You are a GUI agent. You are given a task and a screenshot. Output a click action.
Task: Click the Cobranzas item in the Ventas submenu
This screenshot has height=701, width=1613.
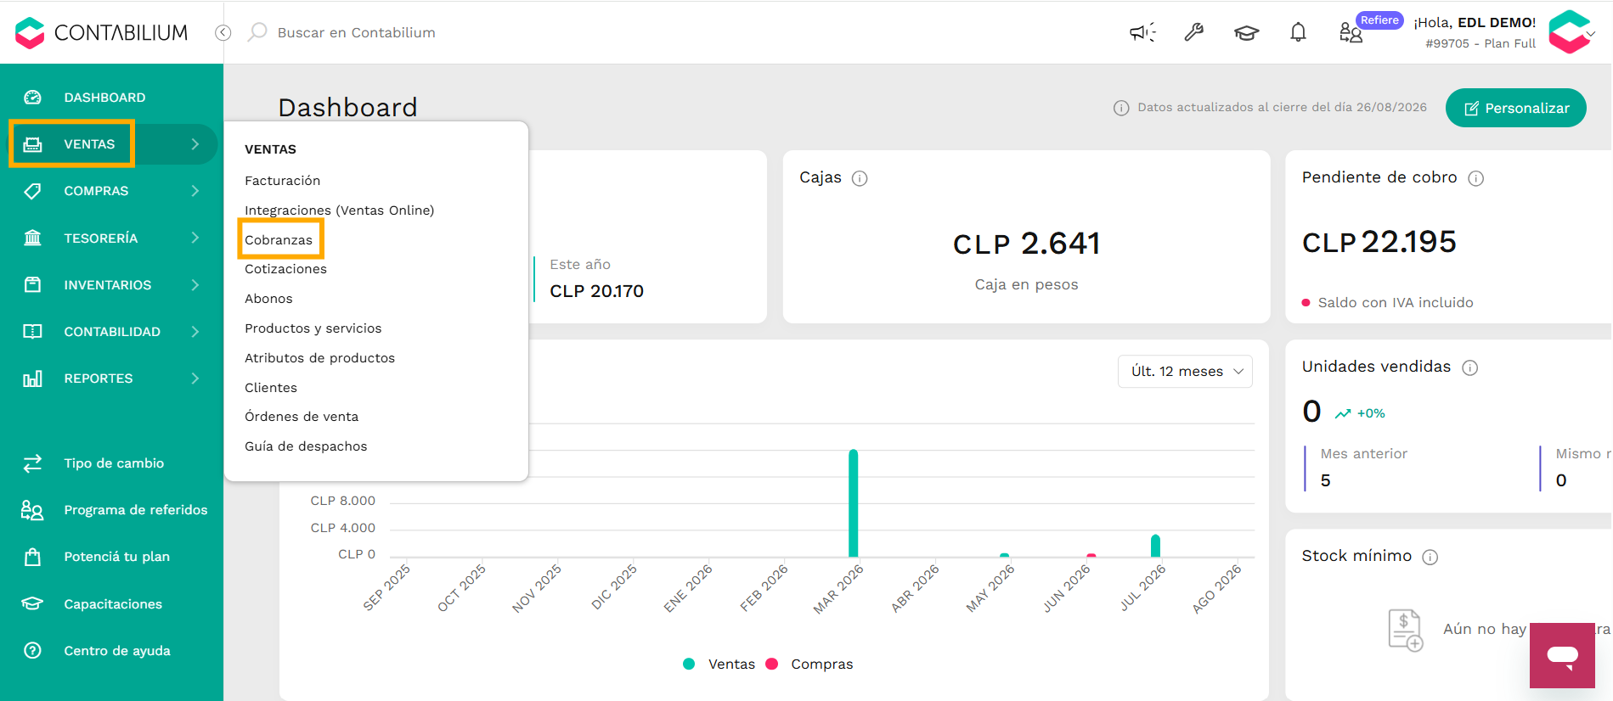pos(279,239)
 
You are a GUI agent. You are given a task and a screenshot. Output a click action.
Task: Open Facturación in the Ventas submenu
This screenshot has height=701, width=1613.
pos(282,181)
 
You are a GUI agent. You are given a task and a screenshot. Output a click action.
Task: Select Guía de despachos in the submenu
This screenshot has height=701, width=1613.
pos(306,446)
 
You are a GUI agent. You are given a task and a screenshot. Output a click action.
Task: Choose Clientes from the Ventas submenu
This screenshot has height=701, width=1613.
pos(271,388)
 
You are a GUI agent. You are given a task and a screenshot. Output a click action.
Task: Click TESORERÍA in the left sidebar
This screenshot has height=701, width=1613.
pos(101,238)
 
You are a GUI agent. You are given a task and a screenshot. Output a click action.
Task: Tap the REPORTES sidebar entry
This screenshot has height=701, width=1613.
pos(99,379)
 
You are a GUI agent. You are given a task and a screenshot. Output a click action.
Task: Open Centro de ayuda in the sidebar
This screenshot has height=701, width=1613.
pos(117,651)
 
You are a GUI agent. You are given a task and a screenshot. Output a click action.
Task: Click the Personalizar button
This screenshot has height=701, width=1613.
pos(1516,108)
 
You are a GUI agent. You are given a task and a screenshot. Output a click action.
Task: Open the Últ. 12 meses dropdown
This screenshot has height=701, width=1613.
pos(1185,372)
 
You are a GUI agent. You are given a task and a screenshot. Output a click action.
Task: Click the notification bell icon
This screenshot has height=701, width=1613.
pos(1298,32)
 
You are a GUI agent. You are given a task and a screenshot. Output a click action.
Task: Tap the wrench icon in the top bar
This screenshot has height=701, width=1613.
pos(1194,32)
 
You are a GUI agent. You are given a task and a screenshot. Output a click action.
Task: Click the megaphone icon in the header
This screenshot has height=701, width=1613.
pos(1142,32)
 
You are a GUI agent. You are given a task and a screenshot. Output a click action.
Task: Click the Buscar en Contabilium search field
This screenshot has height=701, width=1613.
pos(356,32)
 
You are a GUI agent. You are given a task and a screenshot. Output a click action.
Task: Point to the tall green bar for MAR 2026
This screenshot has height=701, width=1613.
pos(853,502)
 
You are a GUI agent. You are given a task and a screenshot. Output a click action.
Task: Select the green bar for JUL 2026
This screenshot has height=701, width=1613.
pos(1155,546)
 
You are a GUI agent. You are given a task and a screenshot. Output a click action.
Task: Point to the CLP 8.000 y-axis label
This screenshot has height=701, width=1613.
pos(343,501)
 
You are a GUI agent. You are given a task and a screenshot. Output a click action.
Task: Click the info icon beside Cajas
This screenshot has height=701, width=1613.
pos(860,178)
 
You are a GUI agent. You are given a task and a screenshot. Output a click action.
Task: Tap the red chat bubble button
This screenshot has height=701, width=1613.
pos(1562,655)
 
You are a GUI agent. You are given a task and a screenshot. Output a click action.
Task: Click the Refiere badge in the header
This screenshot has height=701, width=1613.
pos(1379,20)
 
